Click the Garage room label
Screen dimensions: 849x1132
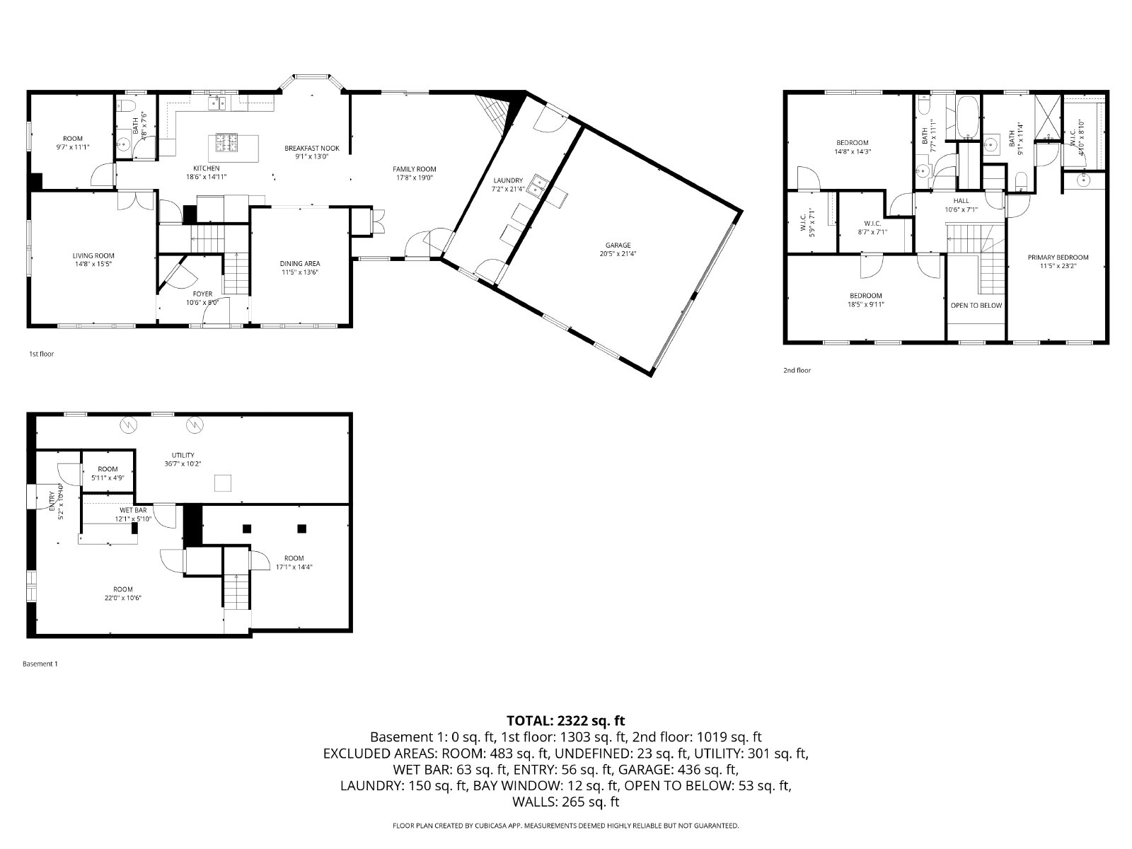click(618, 246)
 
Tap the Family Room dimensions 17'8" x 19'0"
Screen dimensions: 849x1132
click(415, 178)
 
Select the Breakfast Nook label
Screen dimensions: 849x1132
click(312, 148)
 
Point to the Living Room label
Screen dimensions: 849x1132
click(93, 256)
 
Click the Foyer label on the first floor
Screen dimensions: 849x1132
click(202, 294)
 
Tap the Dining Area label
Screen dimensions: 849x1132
click(300, 263)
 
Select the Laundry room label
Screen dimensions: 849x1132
click(508, 180)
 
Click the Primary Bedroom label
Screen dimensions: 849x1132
click(1058, 258)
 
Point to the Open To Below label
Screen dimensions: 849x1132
click(976, 306)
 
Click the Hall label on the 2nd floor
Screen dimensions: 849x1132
click(961, 201)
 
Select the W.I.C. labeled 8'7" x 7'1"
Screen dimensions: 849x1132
click(872, 223)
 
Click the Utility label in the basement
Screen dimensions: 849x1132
click(183, 455)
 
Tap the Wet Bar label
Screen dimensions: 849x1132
click(133, 510)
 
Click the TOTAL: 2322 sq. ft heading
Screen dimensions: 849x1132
click(566, 721)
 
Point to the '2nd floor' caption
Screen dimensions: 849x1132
click(797, 370)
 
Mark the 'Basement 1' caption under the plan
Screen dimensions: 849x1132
click(40, 664)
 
